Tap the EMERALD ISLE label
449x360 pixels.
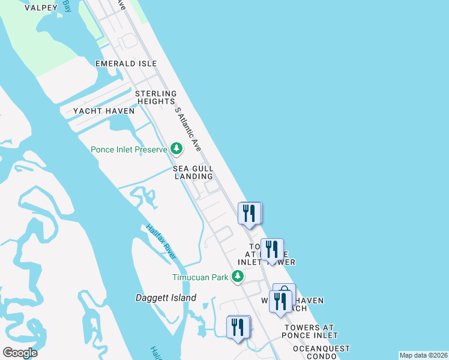click(126, 64)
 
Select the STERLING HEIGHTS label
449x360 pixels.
click(155, 98)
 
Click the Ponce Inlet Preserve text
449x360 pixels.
click(128, 149)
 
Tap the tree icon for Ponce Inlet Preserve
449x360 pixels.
click(176, 148)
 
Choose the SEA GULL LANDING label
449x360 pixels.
click(193, 173)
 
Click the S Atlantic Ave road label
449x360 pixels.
click(187, 129)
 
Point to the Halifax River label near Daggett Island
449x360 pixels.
click(161, 242)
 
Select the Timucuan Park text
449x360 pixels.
click(200, 277)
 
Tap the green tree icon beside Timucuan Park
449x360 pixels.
click(238, 276)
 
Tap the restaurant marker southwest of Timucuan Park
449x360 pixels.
click(238, 328)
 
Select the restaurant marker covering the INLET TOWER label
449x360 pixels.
click(272, 249)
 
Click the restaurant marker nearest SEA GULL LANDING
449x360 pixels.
click(249, 214)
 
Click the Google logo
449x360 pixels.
click(20, 353)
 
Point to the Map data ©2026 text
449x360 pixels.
click(423, 355)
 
